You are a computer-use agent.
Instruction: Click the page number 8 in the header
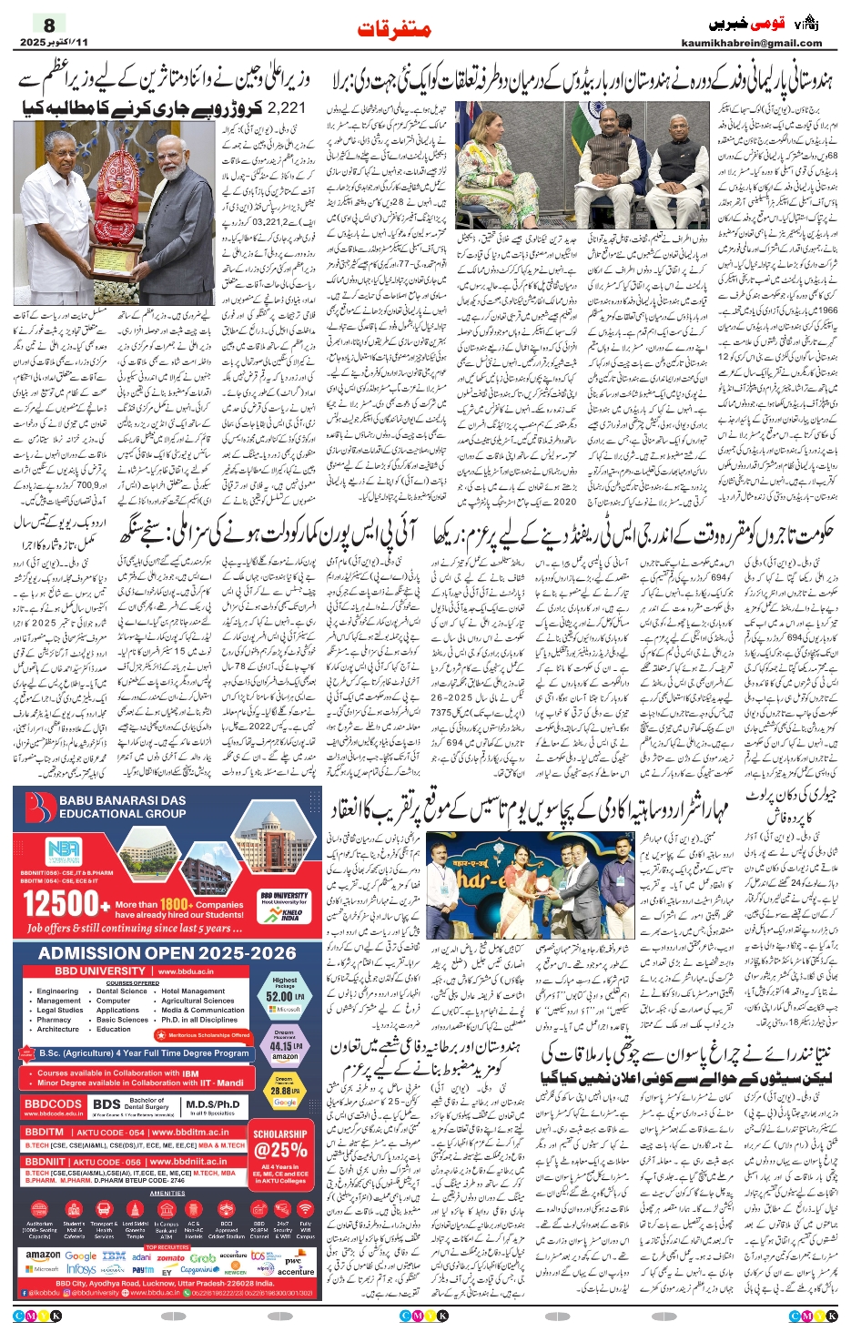click(49, 25)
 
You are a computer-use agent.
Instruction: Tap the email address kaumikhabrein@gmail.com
click(751, 43)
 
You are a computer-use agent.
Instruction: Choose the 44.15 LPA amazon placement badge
click(285, 1046)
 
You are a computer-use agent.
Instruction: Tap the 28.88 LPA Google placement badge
click(285, 1090)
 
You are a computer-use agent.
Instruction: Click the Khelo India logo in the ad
click(291, 913)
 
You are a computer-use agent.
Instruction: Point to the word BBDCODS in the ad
click(54, 1104)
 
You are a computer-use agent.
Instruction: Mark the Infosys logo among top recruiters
click(81, 1269)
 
